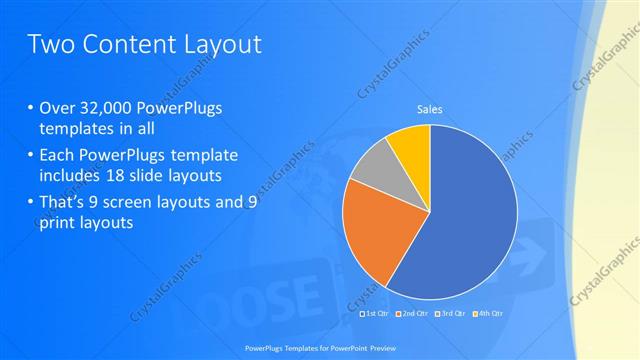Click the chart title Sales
[x=429, y=109]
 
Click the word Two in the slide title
[x=48, y=44]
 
